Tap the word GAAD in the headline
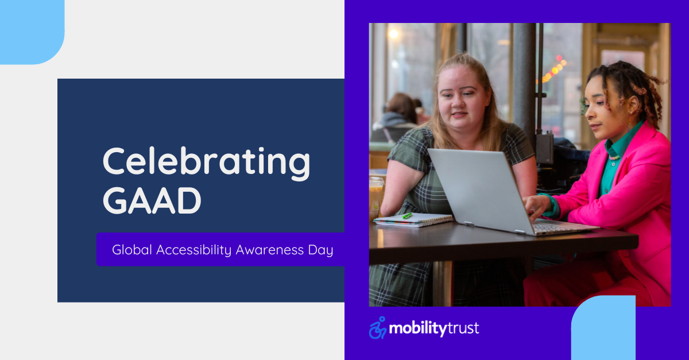[x=152, y=200]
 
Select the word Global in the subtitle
[x=132, y=250]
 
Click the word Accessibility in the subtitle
[x=194, y=250]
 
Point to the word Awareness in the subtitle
[x=270, y=250]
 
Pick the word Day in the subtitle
[x=320, y=250]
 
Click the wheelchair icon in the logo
[x=378, y=328]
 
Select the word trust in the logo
[x=463, y=328]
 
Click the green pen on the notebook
[x=407, y=216]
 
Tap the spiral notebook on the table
[x=413, y=220]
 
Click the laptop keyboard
[x=552, y=228]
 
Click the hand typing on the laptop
[x=536, y=206]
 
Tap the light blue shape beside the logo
[x=603, y=328]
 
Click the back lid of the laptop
[x=480, y=191]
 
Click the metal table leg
[x=443, y=284]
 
